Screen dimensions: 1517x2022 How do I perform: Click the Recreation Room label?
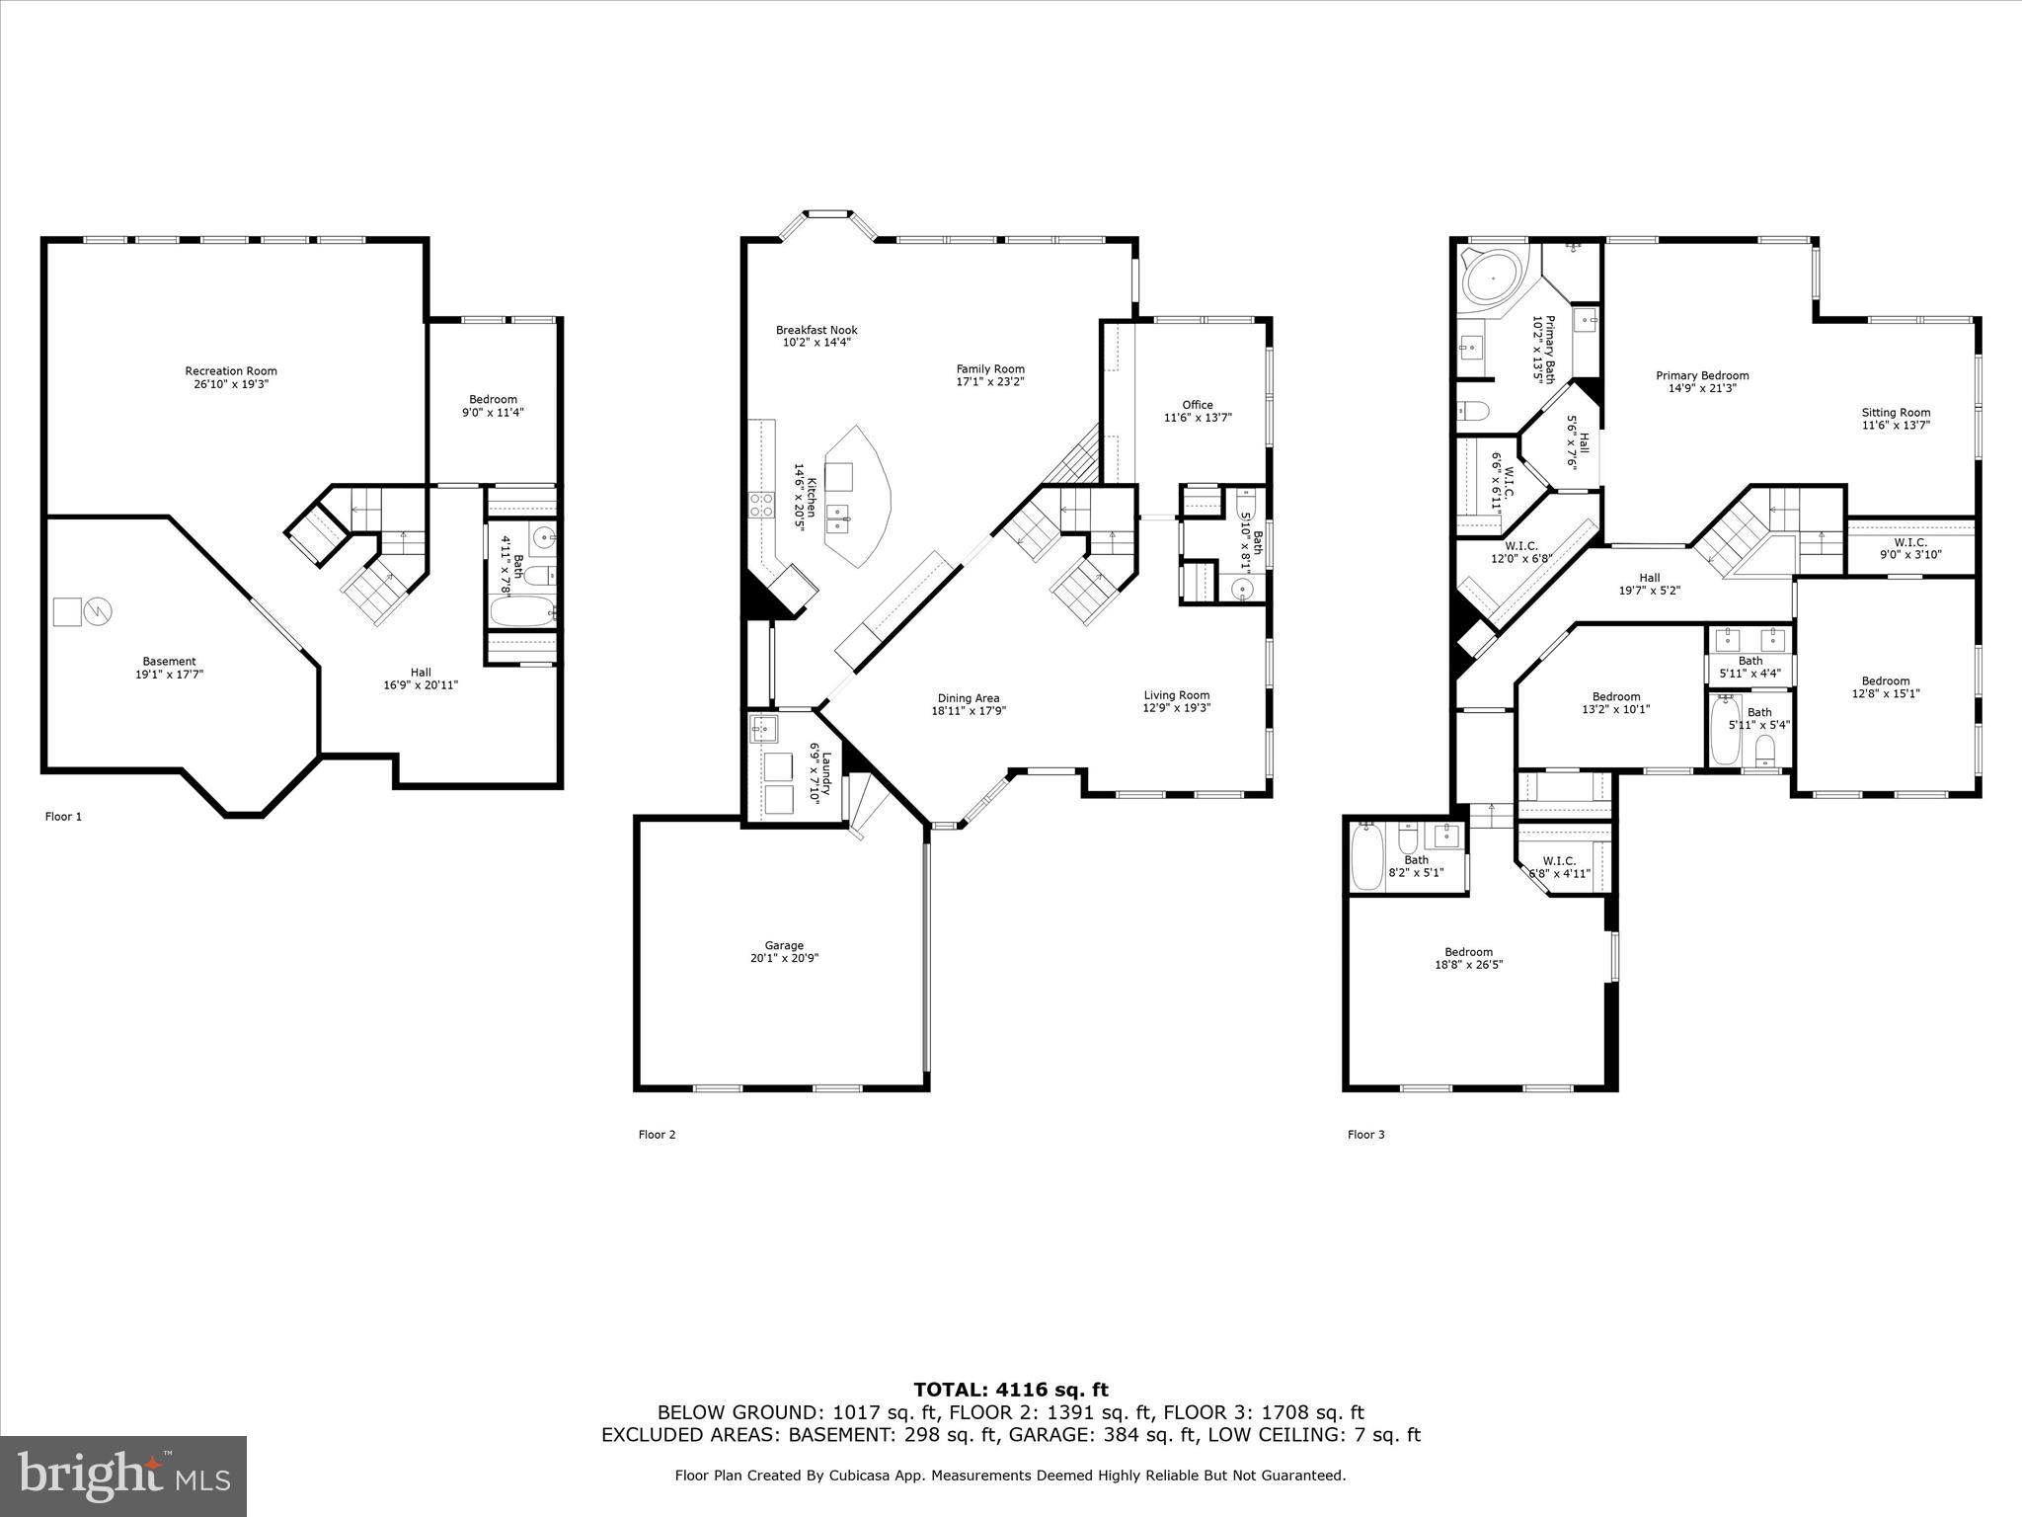pyautogui.click(x=231, y=371)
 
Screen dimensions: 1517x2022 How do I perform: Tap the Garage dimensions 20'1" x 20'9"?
pyautogui.click(x=784, y=958)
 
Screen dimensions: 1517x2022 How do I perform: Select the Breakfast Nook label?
pyautogui.click(x=817, y=330)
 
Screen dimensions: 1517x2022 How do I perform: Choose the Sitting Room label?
pyautogui.click(x=1896, y=413)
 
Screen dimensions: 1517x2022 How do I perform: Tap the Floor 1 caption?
pyautogui.click(x=63, y=816)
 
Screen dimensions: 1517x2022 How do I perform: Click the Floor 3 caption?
pyautogui.click(x=1365, y=1134)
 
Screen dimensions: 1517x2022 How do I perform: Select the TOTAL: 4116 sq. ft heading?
pyautogui.click(x=1010, y=1390)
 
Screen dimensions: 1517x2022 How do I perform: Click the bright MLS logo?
pyautogui.click(x=123, y=1477)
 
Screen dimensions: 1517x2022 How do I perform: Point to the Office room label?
pyautogui.click(x=1198, y=405)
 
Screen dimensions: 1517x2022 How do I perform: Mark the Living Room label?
pyautogui.click(x=1176, y=694)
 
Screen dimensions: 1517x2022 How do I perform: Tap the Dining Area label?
pyautogui.click(x=968, y=698)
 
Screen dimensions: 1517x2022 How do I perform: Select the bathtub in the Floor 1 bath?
pyautogui.click(x=523, y=612)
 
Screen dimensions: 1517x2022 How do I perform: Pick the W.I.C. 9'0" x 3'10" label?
pyautogui.click(x=1909, y=548)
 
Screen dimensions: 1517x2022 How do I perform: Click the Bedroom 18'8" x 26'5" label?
pyautogui.click(x=1468, y=952)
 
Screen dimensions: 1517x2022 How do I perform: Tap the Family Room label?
pyautogui.click(x=990, y=369)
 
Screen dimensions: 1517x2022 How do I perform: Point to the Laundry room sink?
pyautogui.click(x=763, y=731)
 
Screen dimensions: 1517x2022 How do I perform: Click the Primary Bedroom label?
pyautogui.click(x=1702, y=375)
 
